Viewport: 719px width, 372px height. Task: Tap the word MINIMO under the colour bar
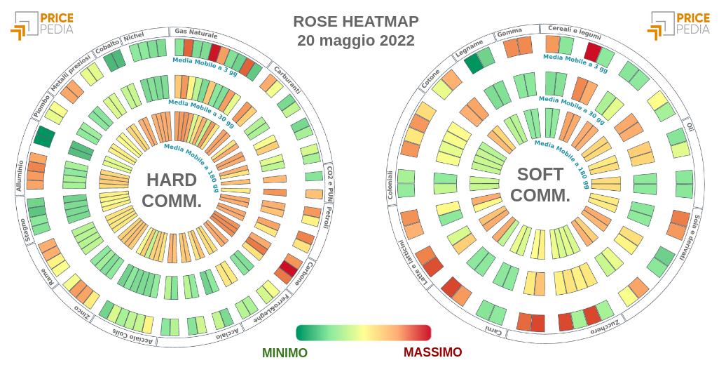coord(285,352)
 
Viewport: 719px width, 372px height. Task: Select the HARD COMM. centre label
coord(172,190)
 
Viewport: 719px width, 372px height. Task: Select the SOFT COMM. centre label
coord(540,185)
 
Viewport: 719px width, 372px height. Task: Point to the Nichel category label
coord(134,37)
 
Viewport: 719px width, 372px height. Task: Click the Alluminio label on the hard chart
coord(20,176)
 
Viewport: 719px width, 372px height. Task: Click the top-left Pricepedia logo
coord(41,24)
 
